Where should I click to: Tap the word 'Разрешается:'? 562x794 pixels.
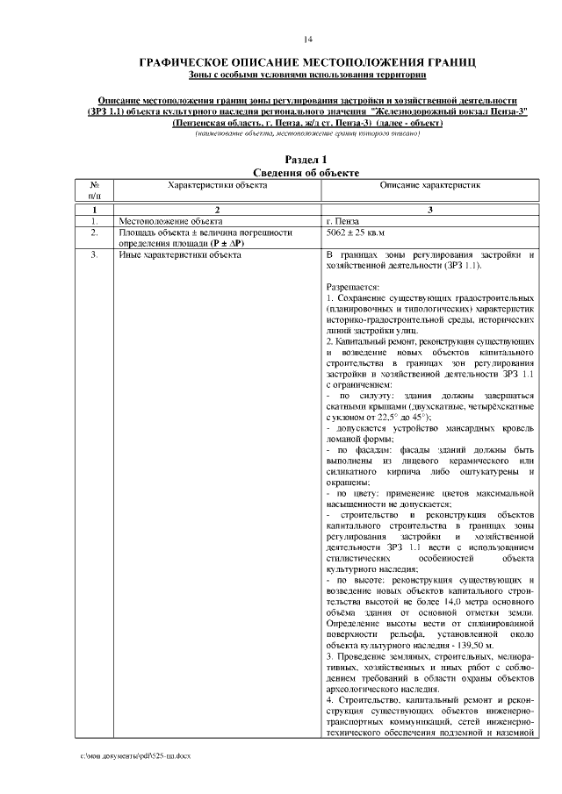pos(352,287)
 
